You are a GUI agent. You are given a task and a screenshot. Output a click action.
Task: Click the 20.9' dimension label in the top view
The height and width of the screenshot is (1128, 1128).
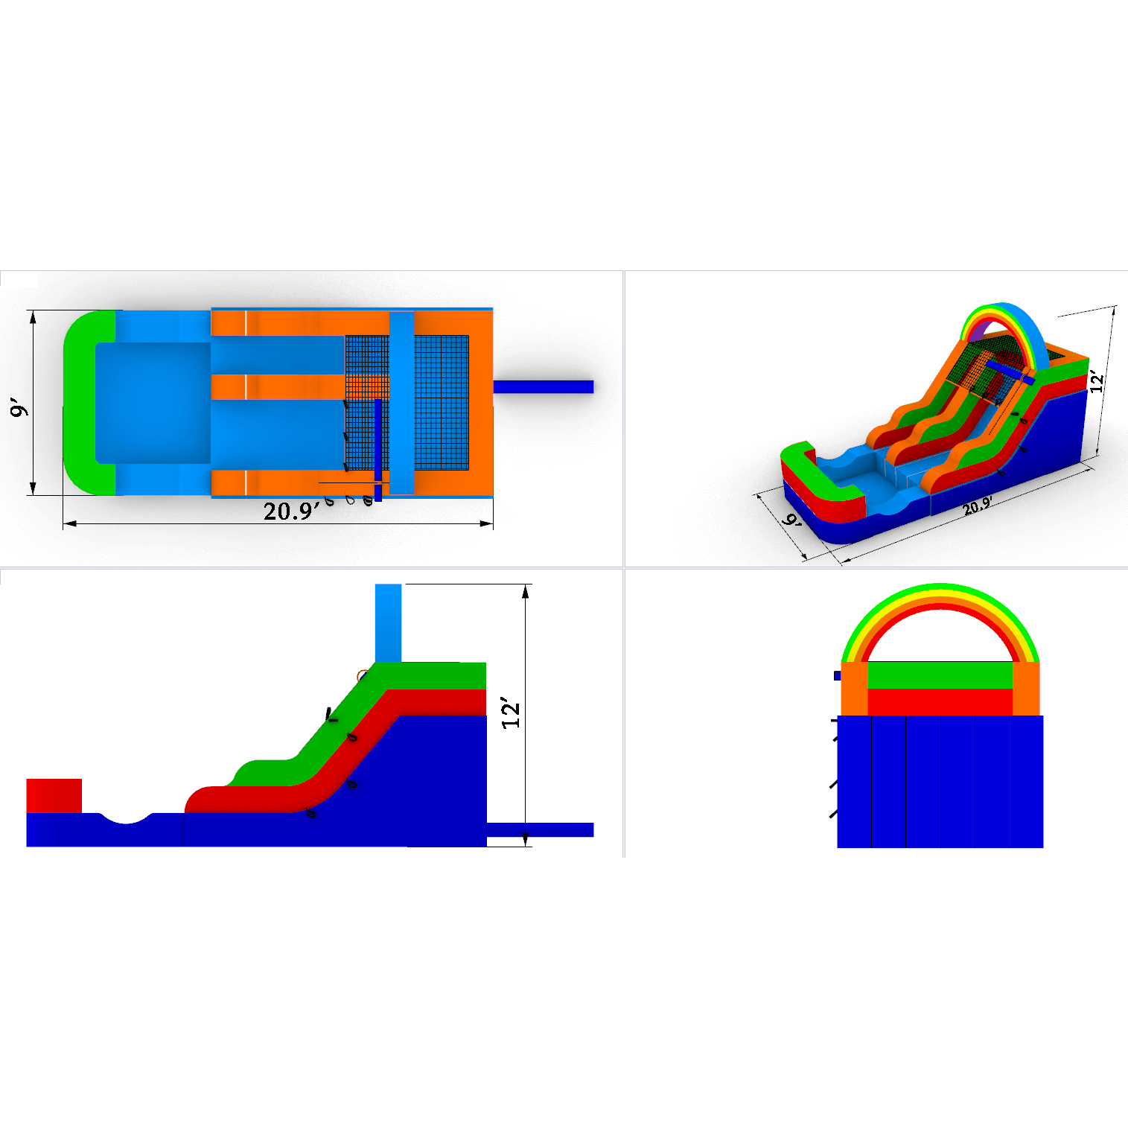point(291,511)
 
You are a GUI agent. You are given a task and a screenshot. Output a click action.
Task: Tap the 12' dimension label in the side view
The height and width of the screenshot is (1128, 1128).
point(511,713)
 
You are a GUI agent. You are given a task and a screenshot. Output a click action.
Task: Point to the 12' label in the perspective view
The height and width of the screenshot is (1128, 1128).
point(1097,380)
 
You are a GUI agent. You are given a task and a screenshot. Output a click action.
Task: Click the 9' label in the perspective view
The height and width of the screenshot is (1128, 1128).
point(791,520)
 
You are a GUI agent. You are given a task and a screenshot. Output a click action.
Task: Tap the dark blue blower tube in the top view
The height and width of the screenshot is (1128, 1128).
point(544,386)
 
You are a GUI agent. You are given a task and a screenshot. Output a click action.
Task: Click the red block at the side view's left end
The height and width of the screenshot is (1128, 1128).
point(54,796)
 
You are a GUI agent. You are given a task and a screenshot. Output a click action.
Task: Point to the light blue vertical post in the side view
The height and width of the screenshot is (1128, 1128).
point(388,623)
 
